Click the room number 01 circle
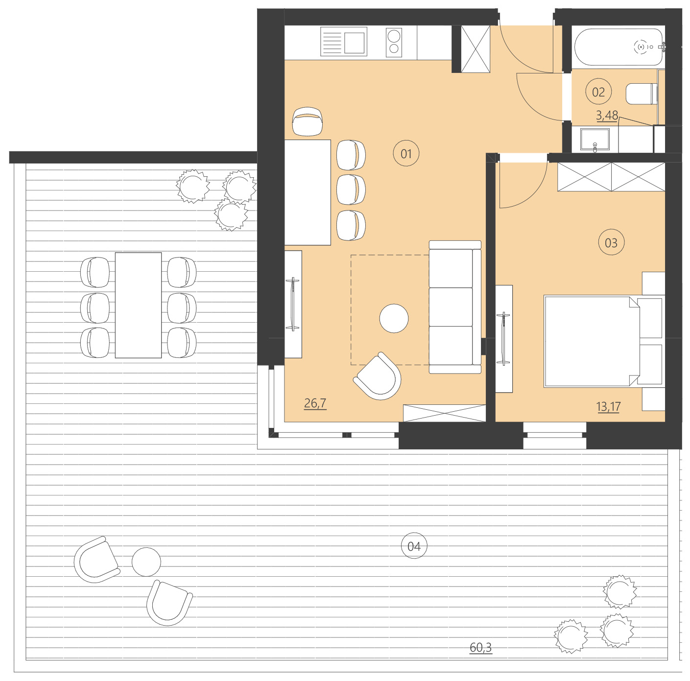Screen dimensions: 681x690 click(406, 153)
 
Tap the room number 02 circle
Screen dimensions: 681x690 click(598, 92)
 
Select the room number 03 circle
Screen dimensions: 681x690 click(611, 243)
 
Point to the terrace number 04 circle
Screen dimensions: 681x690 click(414, 546)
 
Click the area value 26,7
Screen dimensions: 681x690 click(315, 403)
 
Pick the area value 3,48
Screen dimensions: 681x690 click(607, 115)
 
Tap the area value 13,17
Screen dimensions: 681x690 click(608, 406)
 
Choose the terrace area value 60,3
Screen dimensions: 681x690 click(480, 647)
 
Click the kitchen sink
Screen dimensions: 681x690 click(344, 42)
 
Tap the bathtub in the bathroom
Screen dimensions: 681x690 click(618, 47)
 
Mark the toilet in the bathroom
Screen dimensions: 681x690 click(641, 94)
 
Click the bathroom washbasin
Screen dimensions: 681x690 click(595, 139)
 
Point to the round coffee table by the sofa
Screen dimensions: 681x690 click(394, 318)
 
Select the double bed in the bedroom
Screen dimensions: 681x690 click(593, 341)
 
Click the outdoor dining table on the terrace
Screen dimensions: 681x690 click(138, 305)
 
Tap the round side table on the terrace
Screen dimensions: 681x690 click(146, 562)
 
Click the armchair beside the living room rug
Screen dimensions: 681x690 click(379, 376)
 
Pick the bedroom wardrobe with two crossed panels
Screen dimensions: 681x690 click(611, 177)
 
